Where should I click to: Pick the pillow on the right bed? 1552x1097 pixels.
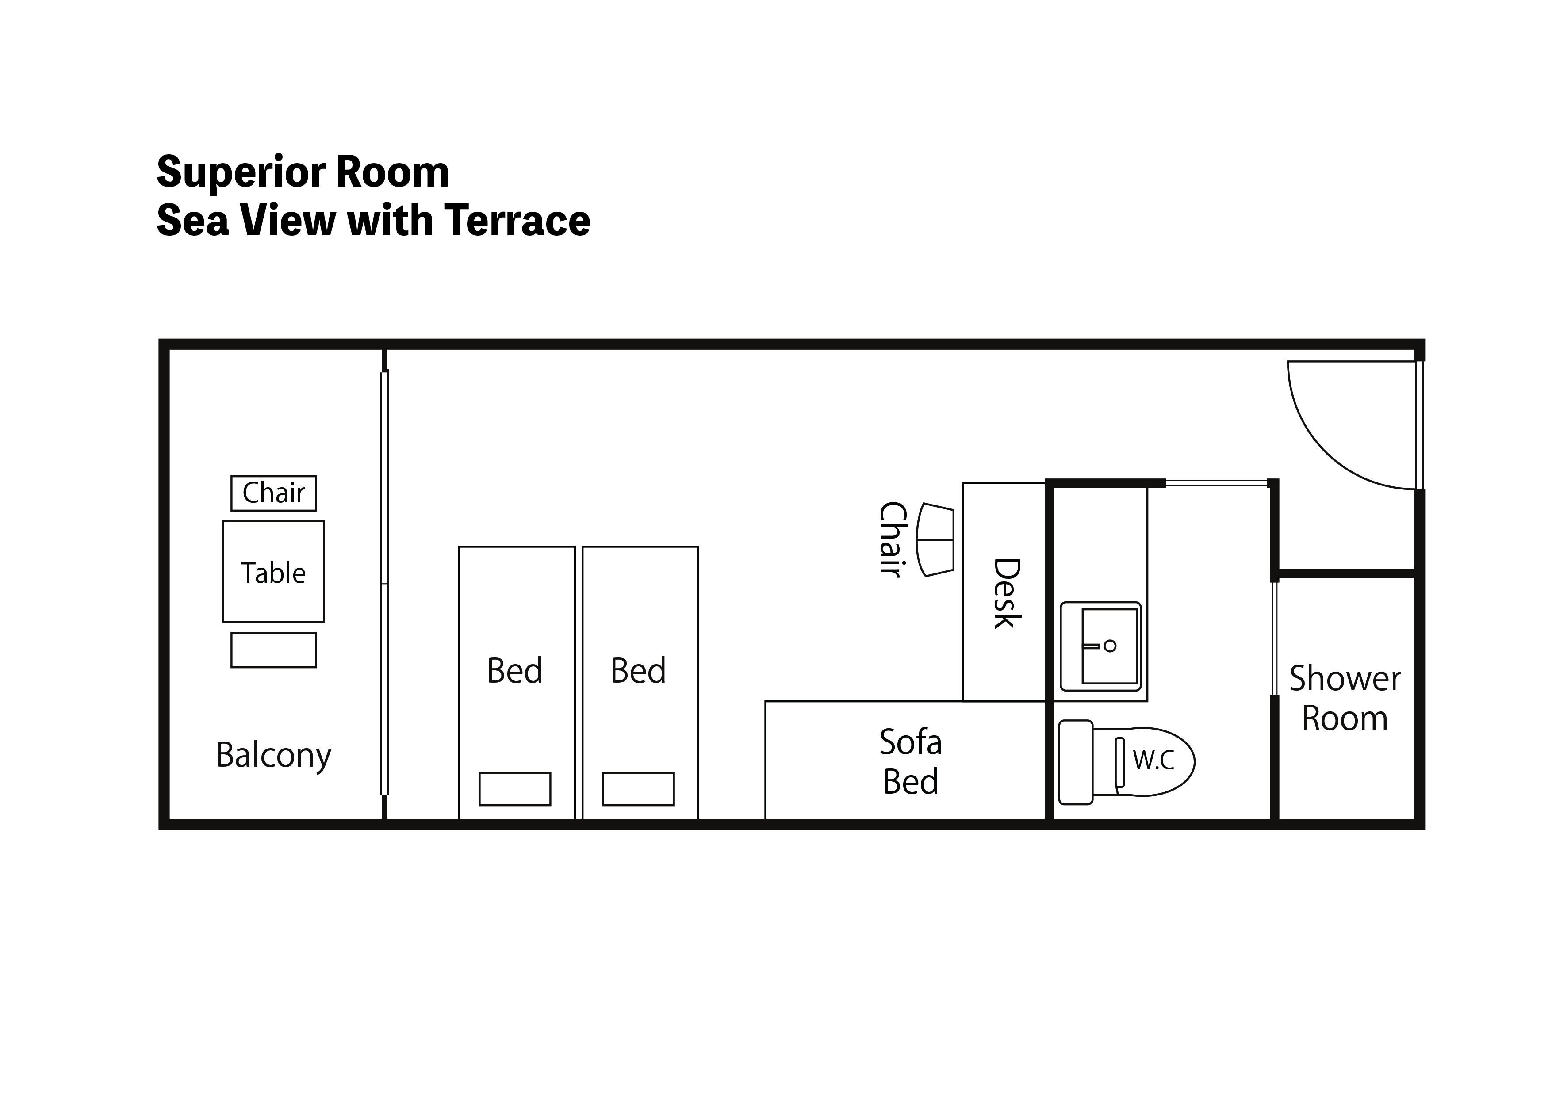pyautogui.click(x=638, y=789)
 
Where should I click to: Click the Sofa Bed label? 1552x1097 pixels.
pyautogui.click(x=911, y=762)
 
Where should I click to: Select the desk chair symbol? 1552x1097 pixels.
pyautogui.click(x=935, y=540)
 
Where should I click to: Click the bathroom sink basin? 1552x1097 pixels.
pyautogui.click(x=1110, y=646)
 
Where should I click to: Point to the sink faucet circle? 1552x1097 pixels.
pyautogui.click(x=1110, y=646)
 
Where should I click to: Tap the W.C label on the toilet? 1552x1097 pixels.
pyautogui.click(x=1153, y=761)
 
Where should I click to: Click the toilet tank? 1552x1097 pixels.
pyautogui.click(x=1076, y=762)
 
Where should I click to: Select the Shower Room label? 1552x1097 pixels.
pyautogui.click(x=1345, y=698)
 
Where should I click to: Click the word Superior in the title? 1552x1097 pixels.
pyautogui.click(x=241, y=173)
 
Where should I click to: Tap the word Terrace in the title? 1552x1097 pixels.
pyautogui.click(x=517, y=221)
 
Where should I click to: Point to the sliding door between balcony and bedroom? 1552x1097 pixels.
pyautogui.click(x=385, y=583)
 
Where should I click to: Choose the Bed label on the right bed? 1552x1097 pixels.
pyautogui.click(x=638, y=670)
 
